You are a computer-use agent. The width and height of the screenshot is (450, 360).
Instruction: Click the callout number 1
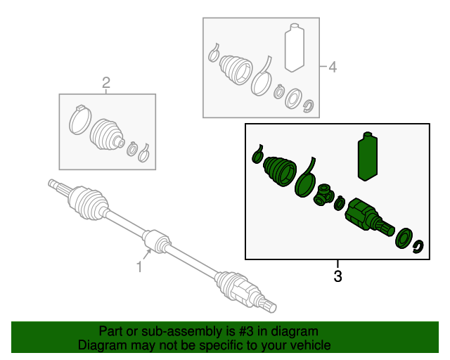pyautogui.click(x=139, y=266)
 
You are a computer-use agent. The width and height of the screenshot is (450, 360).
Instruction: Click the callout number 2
pyautogui.click(x=106, y=83)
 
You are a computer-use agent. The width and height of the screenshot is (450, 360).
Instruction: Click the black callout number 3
pyautogui.click(x=337, y=276)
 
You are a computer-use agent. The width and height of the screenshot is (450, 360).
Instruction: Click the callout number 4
pyautogui.click(x=333, y=67)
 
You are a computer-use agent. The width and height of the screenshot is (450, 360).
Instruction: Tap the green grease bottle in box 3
pyautogui.click(x=368, y=157)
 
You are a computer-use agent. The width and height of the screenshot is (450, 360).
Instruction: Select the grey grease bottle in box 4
pyautogui.click(x=295, y=47)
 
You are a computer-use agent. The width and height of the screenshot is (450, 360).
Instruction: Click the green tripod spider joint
pyautogui.click(x=323, y=195)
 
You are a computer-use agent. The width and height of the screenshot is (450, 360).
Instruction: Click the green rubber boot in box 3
pyautogui.click(x=280, y=172)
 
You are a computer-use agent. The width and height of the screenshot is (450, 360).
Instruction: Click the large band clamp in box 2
pyautogui.click(x=80, y=120)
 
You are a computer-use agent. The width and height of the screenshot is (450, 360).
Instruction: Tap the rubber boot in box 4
pyautogui.click(x=236, y=70)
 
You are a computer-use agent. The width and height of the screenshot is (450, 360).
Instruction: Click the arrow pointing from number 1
pyautogui.click(x=147, y=255)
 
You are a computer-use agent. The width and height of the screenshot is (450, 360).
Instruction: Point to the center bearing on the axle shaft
pyautogui.click(x=156, y=242)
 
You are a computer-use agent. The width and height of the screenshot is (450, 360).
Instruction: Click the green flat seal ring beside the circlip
pyautogui.click(x=404, y=238)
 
